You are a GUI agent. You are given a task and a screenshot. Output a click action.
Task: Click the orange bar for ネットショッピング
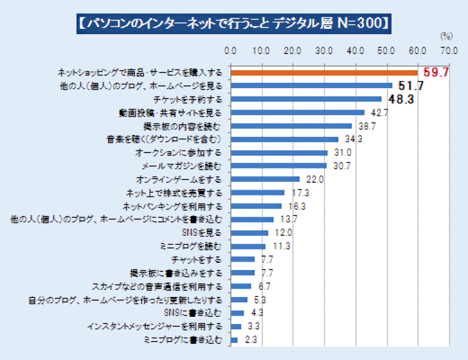324,73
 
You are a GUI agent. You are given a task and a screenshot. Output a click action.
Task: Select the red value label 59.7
436,73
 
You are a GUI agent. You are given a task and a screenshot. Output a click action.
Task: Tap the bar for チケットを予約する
306,99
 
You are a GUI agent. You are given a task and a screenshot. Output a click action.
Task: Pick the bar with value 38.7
291,126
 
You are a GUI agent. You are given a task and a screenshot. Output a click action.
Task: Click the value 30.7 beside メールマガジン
341,166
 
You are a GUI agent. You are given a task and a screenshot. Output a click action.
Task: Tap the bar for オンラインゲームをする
265,179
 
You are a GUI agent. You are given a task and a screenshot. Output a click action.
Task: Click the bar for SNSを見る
250,233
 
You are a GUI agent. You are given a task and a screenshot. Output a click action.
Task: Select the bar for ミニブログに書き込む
235,340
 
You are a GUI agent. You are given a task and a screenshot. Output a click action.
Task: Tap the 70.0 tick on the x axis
448,50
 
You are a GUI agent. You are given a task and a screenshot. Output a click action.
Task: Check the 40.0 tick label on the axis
355,50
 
